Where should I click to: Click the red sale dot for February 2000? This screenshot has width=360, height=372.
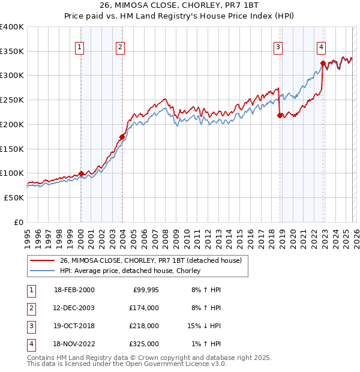81,173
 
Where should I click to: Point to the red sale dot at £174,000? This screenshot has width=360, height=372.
122,137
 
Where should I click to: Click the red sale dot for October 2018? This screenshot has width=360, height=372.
280,115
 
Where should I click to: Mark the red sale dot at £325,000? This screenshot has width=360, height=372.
323,63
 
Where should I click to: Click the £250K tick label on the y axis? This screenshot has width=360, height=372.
12,100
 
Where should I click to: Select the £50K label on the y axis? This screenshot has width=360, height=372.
14,197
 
